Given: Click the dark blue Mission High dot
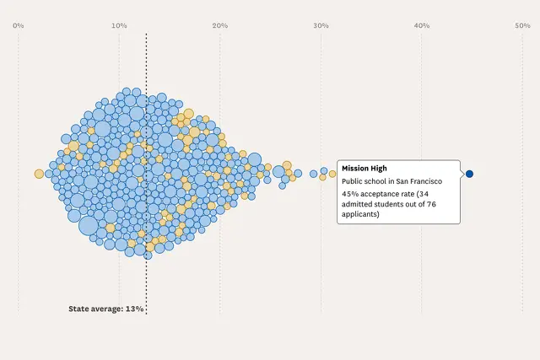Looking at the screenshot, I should click(x=469, y=174).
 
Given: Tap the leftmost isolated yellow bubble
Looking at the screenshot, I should click(x=39, y=174).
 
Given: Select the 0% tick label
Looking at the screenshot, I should click(x=18, y=25).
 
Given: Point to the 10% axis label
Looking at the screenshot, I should click(x=119, y=25).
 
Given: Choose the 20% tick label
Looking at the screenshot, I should click(x=219, y=25).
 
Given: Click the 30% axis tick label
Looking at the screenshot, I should click(x=321, y=25).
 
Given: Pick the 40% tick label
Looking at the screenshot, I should click(x=421, y=25).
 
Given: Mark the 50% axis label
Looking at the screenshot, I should click(x=522, y=25).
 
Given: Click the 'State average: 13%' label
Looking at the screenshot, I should click(x=106, y=309).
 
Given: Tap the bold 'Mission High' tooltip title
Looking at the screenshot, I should click(x=364, y=169).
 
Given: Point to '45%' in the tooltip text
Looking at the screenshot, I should click(x=350, y=194).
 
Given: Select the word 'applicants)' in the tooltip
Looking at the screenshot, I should click(x=360, y=214).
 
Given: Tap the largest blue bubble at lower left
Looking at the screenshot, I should click(x=89, y=225).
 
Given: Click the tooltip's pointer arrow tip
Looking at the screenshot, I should click(x=464, y=174).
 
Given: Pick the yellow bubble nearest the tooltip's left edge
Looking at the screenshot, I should click(x=332, y=174).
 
